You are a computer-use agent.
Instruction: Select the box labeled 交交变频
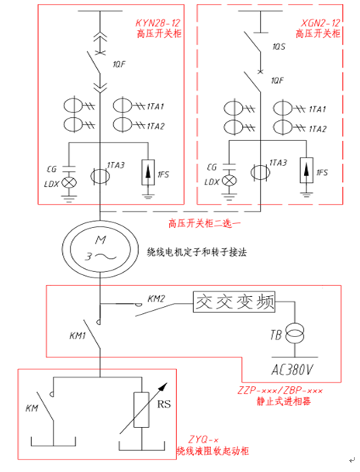tap(234, 301)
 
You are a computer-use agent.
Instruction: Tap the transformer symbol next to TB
tap(295, 334)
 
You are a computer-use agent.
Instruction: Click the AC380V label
tap(292, 370)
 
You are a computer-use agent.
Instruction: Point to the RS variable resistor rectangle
tap(141, 410)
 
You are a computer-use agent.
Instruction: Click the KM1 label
tap(78, 336)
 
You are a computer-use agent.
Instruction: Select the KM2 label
tap(156, 299)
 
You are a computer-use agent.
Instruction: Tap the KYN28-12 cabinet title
tap(157, 23)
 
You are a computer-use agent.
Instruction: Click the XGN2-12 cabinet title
tap(320, 23)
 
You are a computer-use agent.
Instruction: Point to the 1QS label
tap(279, 47)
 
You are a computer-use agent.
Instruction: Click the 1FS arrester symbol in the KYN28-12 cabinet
tap(148, 172)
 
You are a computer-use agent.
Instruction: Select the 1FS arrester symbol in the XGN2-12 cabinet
tap(306, 170)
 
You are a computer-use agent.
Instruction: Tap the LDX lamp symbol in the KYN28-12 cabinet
tap(69, 182)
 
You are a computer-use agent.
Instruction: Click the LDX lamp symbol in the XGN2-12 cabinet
tap(229, 181)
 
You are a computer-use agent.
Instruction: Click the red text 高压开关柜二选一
tap(205, 224)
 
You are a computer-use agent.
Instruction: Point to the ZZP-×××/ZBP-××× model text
tap(280, 391)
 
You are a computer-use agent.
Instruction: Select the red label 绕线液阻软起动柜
tap(213, 450)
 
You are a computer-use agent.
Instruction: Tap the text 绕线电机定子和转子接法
tap(197, 252)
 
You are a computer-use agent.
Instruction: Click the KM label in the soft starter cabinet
tap(32, 408)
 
